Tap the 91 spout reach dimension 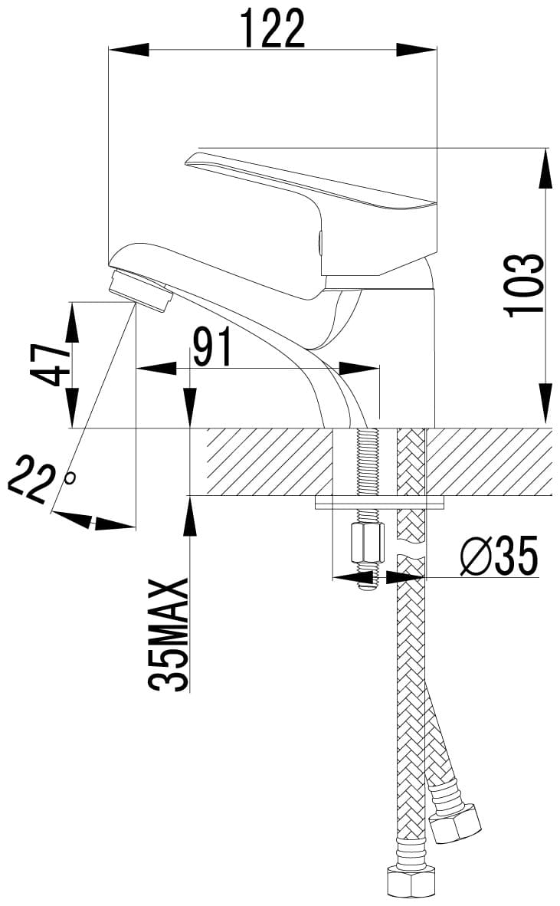(212, 346)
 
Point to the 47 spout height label (50, 365)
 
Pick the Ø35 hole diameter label (499, 555)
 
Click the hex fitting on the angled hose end (456, 822)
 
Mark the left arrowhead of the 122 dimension (128, 50)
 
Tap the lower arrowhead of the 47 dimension (72, 408)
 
